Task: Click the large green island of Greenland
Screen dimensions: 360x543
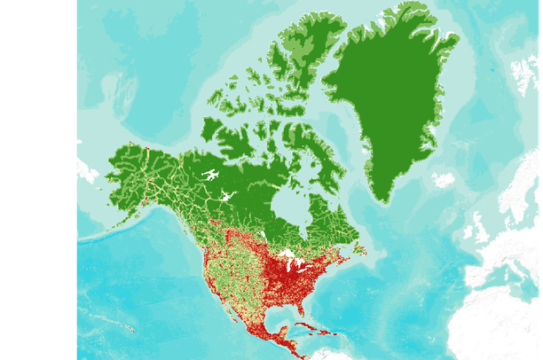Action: [390, 98]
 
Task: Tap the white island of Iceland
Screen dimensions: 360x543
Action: [443, 180]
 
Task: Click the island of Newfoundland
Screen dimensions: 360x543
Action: [359, 249]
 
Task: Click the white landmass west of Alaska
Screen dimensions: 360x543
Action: [87, 168]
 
